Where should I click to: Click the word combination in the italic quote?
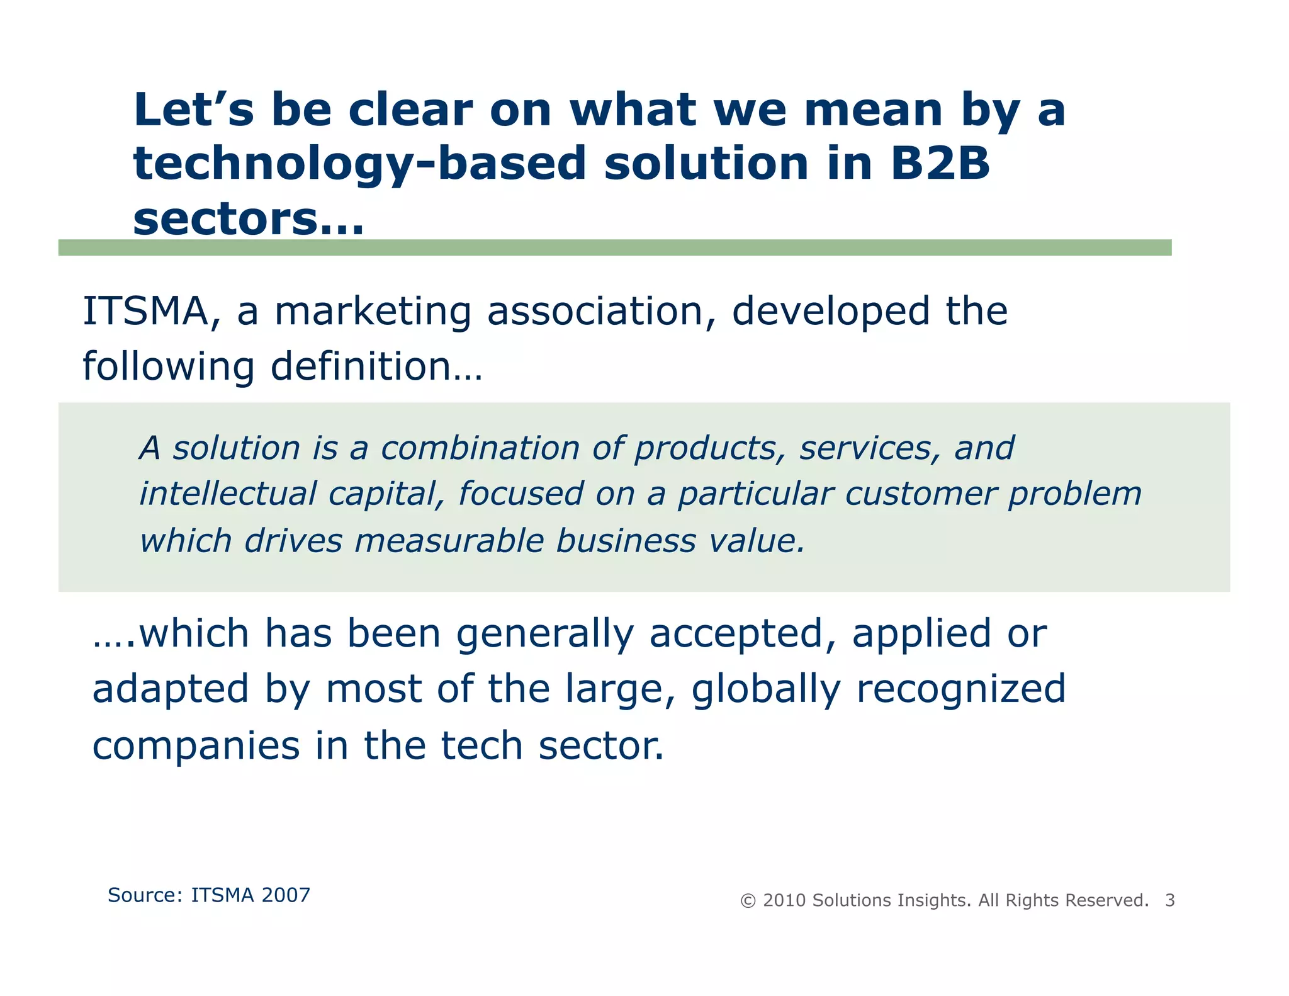[480, 449]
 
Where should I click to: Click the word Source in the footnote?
[144, 895]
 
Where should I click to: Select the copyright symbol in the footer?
[748, 901]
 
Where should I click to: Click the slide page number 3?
[1169, 901]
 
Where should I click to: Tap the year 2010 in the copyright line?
[784, 901]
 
